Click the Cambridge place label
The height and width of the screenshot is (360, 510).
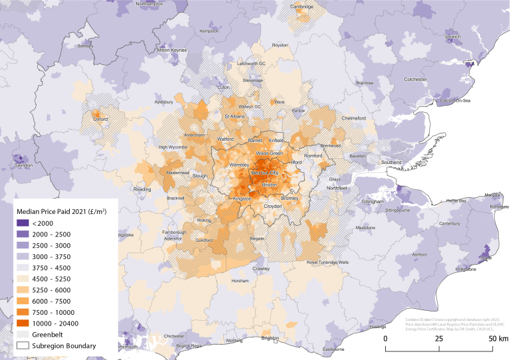(301, 7)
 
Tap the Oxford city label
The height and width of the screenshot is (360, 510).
(101, 120)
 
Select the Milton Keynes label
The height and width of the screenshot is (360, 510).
(171, 50)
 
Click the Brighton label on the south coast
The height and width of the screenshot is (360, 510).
(270, 338)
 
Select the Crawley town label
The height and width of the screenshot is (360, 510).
(260, 268)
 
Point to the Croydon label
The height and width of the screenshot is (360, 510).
(273, 207)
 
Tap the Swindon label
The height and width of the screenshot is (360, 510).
(23, 165)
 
